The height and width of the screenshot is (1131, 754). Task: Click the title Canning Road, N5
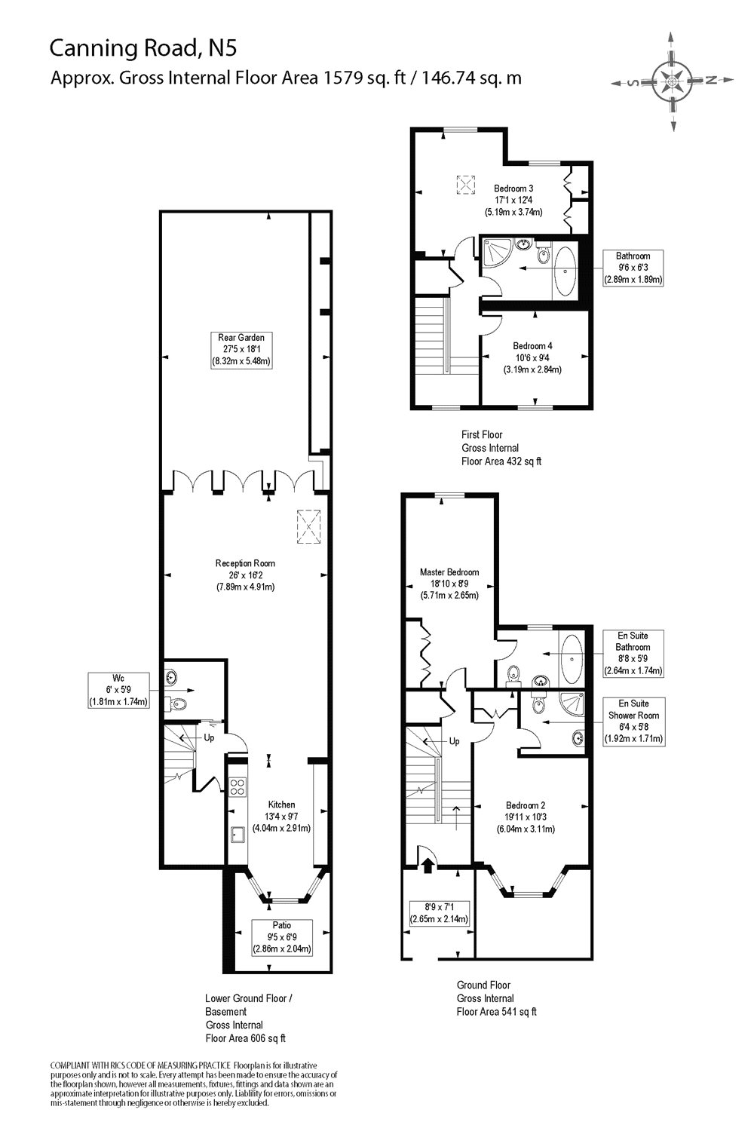[143, 48]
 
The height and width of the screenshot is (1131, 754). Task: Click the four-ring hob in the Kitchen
[238, 786]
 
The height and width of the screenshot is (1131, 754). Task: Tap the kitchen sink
[238, 834]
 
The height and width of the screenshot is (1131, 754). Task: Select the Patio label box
[282, 936]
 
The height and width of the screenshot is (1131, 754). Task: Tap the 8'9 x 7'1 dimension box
[439, 913]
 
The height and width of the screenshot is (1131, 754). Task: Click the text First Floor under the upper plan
[482, 434]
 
